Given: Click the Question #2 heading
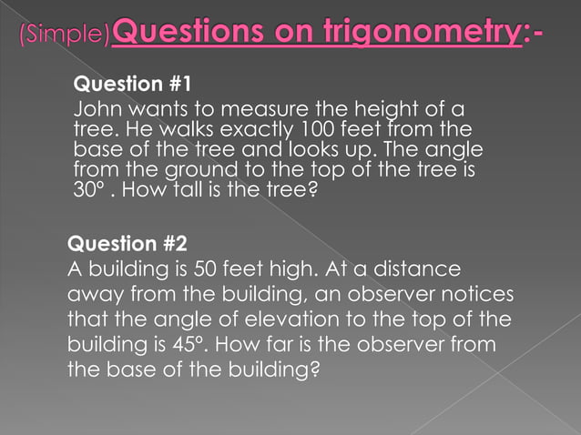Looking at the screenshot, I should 127,245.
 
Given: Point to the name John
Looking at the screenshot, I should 96,110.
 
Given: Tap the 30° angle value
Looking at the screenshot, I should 88,191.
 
